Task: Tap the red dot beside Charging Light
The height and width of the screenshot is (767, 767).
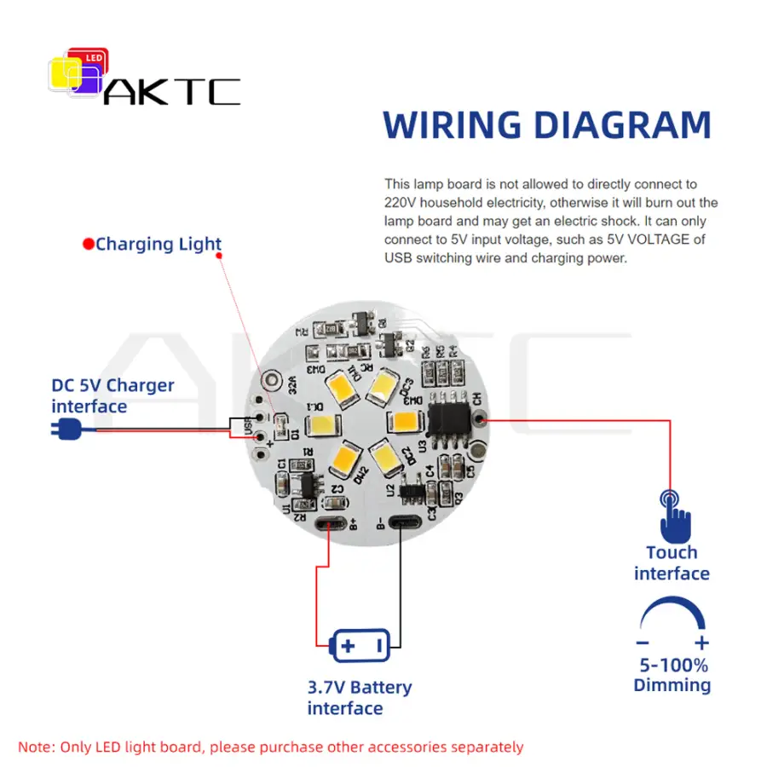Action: click(88, 245)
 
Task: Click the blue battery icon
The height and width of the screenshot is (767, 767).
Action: click(360, 645)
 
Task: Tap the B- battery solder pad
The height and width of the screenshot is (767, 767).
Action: click(403, 523)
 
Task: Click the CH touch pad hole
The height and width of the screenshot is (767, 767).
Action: click(480, 418)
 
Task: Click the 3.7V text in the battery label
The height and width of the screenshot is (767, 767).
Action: click(326, 687)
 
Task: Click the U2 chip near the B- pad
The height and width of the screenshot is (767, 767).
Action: click(412, 491)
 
